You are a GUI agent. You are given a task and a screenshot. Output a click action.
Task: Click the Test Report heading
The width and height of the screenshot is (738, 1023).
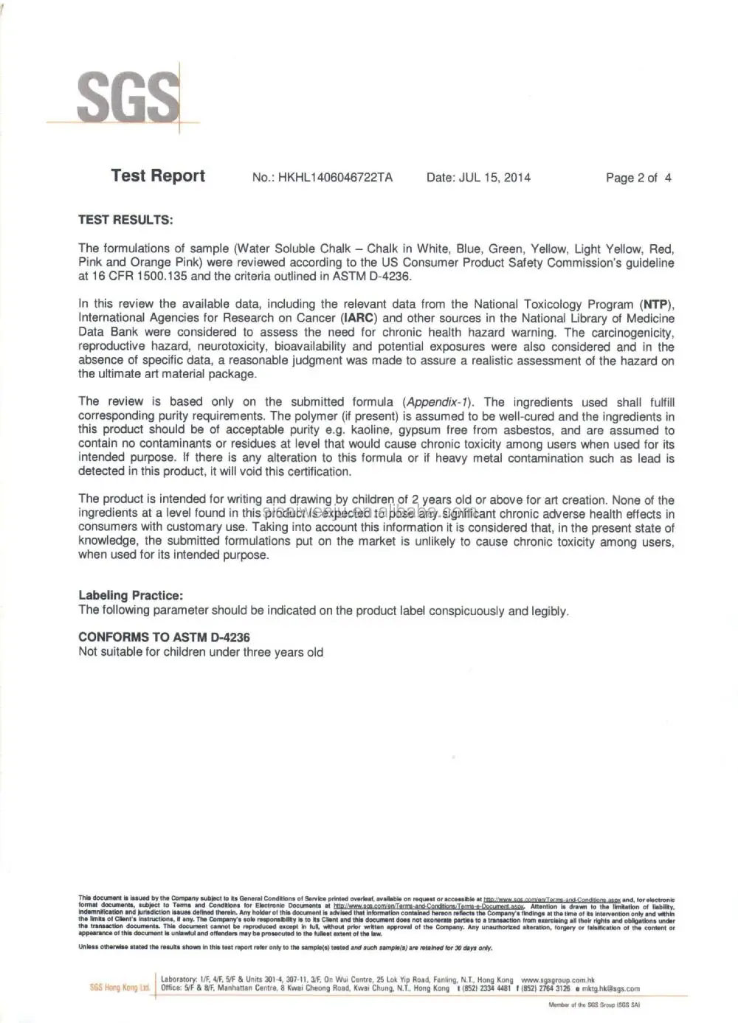pos(158,176)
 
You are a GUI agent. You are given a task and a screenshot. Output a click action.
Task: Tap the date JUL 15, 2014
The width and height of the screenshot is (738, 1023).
pos(494,178)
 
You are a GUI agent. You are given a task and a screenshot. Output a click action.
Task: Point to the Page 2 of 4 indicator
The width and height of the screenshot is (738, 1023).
pos(638,178)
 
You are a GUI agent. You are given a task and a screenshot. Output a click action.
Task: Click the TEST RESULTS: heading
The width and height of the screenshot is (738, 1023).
pos(125,220)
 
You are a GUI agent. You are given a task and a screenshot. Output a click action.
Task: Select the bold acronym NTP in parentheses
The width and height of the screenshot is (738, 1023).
pos(655,305)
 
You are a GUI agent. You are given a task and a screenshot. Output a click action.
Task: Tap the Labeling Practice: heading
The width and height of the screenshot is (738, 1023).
pos(131,595)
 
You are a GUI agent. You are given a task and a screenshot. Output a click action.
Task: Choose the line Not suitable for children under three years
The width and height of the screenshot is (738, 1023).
pos(201,652)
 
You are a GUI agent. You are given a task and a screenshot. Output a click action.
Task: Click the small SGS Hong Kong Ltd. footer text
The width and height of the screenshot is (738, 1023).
pos(120,988)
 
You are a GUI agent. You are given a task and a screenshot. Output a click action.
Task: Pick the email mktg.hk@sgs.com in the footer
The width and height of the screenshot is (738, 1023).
pos(610,988)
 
